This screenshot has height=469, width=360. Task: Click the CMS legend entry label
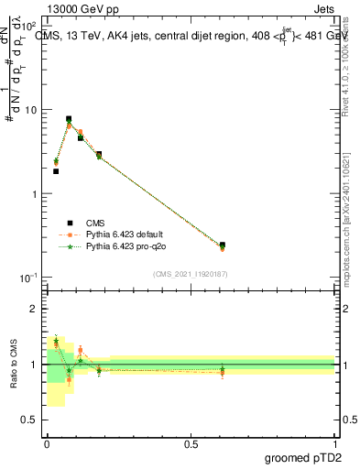(95, 223)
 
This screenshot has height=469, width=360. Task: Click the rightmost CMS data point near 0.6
(223, 245)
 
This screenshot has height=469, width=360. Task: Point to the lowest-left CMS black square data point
(56, 171)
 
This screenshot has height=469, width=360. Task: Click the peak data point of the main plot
(69, 118)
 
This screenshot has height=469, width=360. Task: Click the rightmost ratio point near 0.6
(223, 371)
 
